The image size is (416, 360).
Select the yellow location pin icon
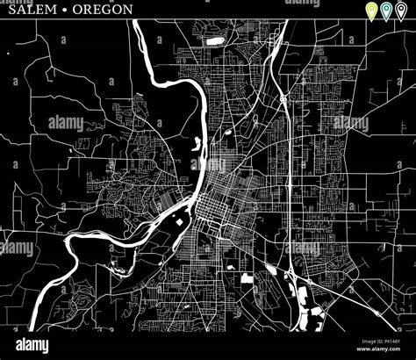click(x=371, y=11)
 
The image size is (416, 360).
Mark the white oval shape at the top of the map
click(x=213, y=40)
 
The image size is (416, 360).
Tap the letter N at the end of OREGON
click(x=129, y=10)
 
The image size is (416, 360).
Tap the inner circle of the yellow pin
click(x=371, y=9)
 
